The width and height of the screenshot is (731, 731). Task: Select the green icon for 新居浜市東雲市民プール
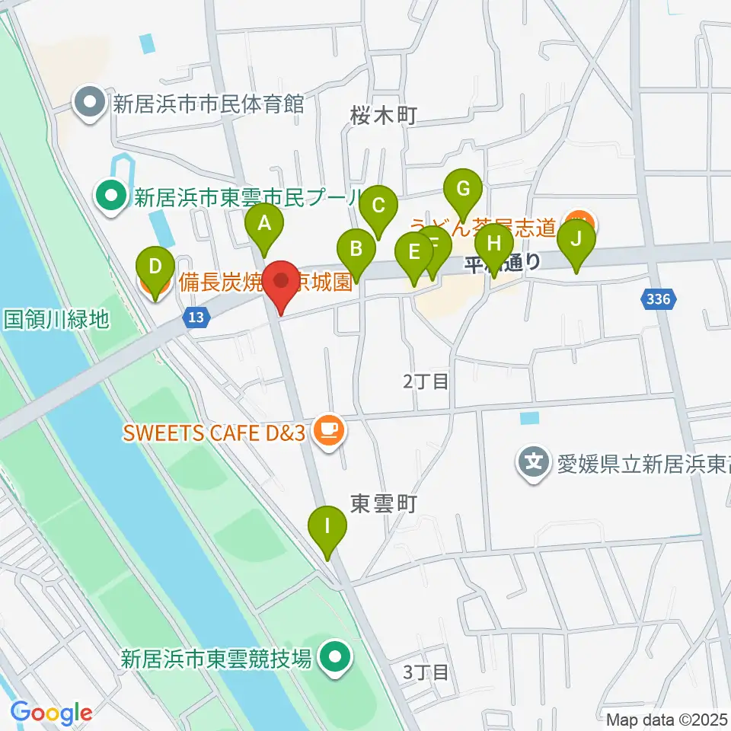coord(112,198)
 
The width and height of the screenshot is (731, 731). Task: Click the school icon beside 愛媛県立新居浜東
coord(535,462)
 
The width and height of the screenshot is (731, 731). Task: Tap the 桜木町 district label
coord(384,116)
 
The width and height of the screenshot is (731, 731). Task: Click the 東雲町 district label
coord(383,503)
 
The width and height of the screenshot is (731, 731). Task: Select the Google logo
coord(52,713)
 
